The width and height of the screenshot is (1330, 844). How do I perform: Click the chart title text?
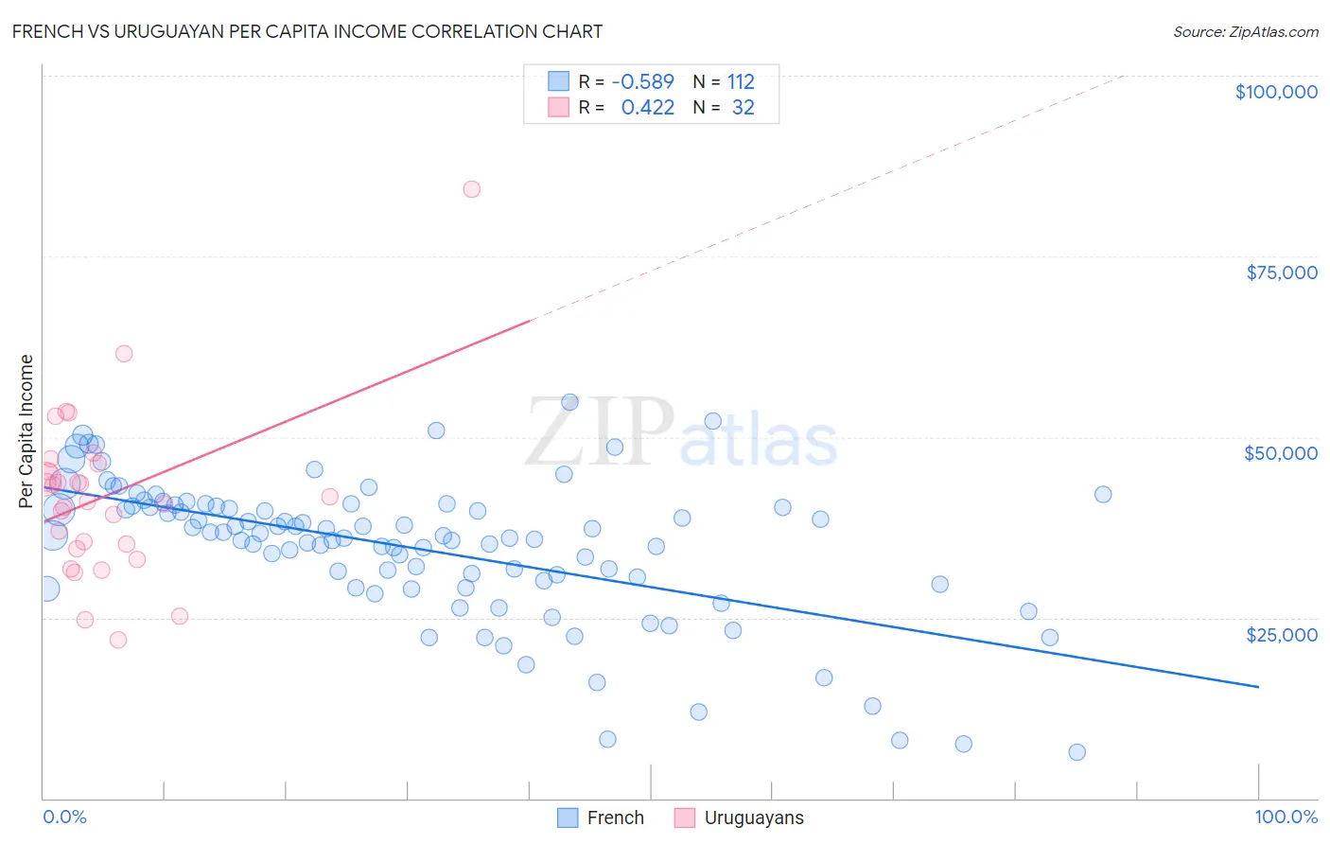pos(307,31)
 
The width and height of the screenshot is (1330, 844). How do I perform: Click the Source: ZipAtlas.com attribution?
pos(1245,32)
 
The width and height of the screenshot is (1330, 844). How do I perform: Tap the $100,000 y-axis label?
pos(1276,92)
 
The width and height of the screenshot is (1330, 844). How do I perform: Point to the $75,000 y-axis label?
pos(1282,273)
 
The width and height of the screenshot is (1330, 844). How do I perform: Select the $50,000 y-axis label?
pos(1281,453)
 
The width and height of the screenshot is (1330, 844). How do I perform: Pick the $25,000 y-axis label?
pos(1282,634)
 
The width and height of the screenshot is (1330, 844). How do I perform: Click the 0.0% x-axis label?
pos(64,817)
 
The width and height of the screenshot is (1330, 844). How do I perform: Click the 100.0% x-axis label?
pos(1286,817)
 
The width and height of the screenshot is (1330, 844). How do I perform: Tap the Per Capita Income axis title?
pos(26,431)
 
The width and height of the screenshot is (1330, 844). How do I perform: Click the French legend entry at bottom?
pos(601,818)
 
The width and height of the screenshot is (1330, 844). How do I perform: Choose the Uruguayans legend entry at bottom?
pos(739,818)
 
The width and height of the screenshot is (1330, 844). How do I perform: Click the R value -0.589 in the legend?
pos(643,81)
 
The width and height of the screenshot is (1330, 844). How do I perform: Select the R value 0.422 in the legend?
pos(648,108)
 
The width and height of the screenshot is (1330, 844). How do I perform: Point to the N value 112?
pos(741,81)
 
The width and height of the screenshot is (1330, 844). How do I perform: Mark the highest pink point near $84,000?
pos(471,189)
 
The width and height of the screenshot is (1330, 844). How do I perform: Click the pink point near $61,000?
pos(124,354)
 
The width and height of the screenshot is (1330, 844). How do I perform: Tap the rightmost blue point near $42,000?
pos(1103,494)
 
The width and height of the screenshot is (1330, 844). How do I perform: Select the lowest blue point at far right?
pos(1076,752)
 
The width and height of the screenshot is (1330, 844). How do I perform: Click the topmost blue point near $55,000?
pos(569,402)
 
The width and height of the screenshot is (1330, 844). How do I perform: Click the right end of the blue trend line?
pos(1258,686)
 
